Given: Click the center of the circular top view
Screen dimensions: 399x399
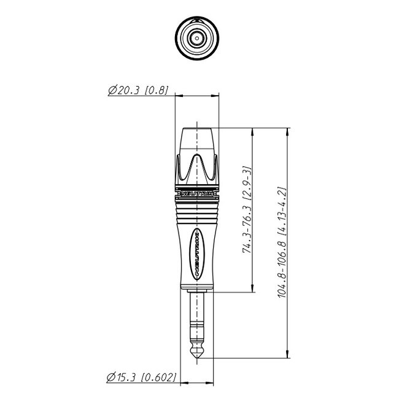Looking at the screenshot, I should (197, 35).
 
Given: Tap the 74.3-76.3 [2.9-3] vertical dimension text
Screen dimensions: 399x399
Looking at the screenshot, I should (247, 209).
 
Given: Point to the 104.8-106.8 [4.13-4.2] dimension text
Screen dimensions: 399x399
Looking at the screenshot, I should (282, 242).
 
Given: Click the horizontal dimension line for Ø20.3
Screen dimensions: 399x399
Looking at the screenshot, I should (197, 96).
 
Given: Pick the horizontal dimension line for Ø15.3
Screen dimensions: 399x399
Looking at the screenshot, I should (197, 381).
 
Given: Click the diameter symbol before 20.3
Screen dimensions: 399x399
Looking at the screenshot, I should (112, 91).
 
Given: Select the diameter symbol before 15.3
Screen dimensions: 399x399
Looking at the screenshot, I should (112, 376).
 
